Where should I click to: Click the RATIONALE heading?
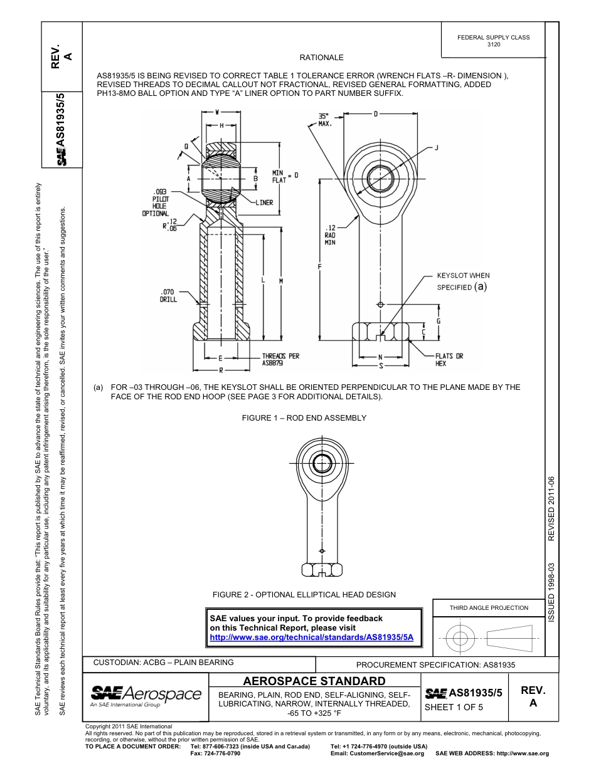(x=321, y=58)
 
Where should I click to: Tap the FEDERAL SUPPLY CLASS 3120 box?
(x=493, y=41)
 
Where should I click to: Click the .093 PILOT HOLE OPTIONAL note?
(x=155, y=202)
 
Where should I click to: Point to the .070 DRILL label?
(x=169, y=295)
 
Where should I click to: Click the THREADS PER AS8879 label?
(x=280, y=359)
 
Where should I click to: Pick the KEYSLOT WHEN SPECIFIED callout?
(x=462, y=281)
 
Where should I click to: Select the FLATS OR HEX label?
(x=449, y=359)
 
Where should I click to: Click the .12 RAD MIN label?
(x=330, y=235)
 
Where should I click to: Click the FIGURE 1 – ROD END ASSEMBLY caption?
(x=304, y=418)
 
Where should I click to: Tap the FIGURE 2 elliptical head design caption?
(x=304, y=595)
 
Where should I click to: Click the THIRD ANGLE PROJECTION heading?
(x=489, y=607)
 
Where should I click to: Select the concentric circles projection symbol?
(x=460, y=639)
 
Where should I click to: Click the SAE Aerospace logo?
(x=146, y=695)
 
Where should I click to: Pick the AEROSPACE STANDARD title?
(x=314, y=681)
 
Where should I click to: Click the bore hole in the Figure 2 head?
(x=322, y=464)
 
